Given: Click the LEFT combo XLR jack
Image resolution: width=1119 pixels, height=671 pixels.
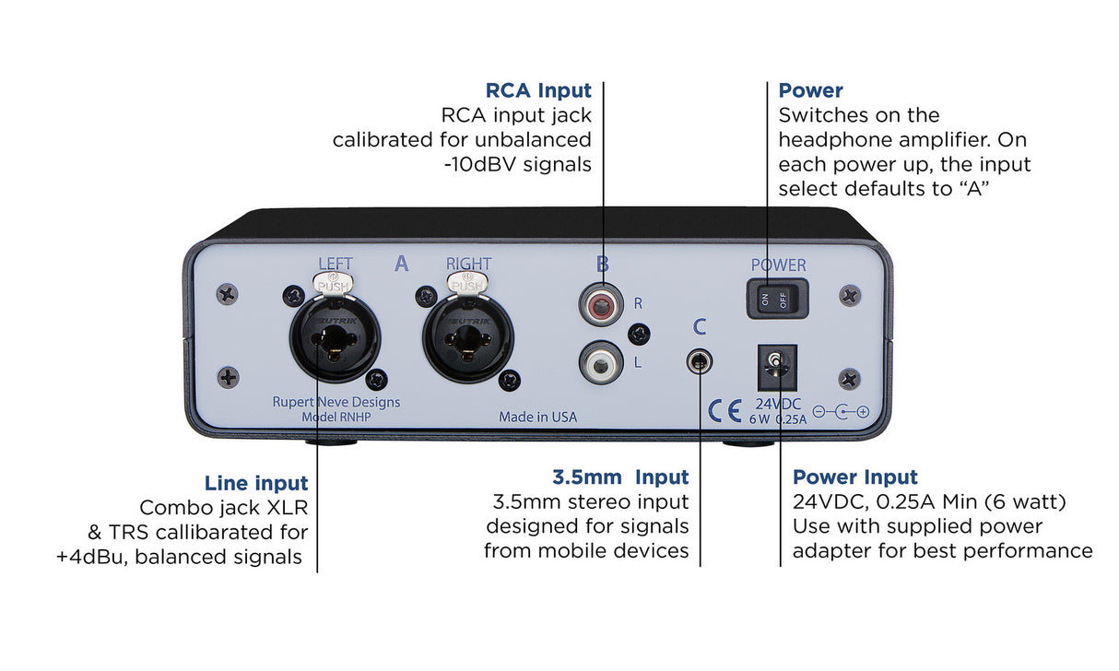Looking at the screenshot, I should [336, 337].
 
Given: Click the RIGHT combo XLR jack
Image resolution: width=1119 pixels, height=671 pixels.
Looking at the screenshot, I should [468, 337].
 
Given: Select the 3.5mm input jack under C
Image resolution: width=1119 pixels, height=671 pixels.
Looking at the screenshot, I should [700, 360].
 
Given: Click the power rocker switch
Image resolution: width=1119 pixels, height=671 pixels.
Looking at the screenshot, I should [777, 300].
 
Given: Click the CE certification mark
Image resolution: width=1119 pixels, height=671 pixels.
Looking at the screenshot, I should [725, 411].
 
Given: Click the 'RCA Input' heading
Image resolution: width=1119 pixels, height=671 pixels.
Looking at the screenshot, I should [538, 90].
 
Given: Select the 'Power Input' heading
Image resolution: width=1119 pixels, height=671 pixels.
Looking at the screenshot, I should [854, 477].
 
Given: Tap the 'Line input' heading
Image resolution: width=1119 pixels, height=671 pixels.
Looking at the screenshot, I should [256, 483].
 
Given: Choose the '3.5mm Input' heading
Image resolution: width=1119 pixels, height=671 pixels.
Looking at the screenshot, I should [620, 477].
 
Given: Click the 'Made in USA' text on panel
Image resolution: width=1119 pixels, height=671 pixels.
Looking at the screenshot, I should [537, 417].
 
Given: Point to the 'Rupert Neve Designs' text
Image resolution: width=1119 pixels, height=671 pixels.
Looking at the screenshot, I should [336, 402].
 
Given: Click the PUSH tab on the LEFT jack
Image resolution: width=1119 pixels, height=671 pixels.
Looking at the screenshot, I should [335, 286].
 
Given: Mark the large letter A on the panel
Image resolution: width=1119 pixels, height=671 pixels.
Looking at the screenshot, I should [401, 265].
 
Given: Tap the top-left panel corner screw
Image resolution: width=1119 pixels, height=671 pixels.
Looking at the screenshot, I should [226, 294].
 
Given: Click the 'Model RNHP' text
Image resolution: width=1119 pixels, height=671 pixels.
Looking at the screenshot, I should [336, 418].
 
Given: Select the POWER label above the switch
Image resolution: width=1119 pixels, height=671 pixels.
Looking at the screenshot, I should [778, 265].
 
